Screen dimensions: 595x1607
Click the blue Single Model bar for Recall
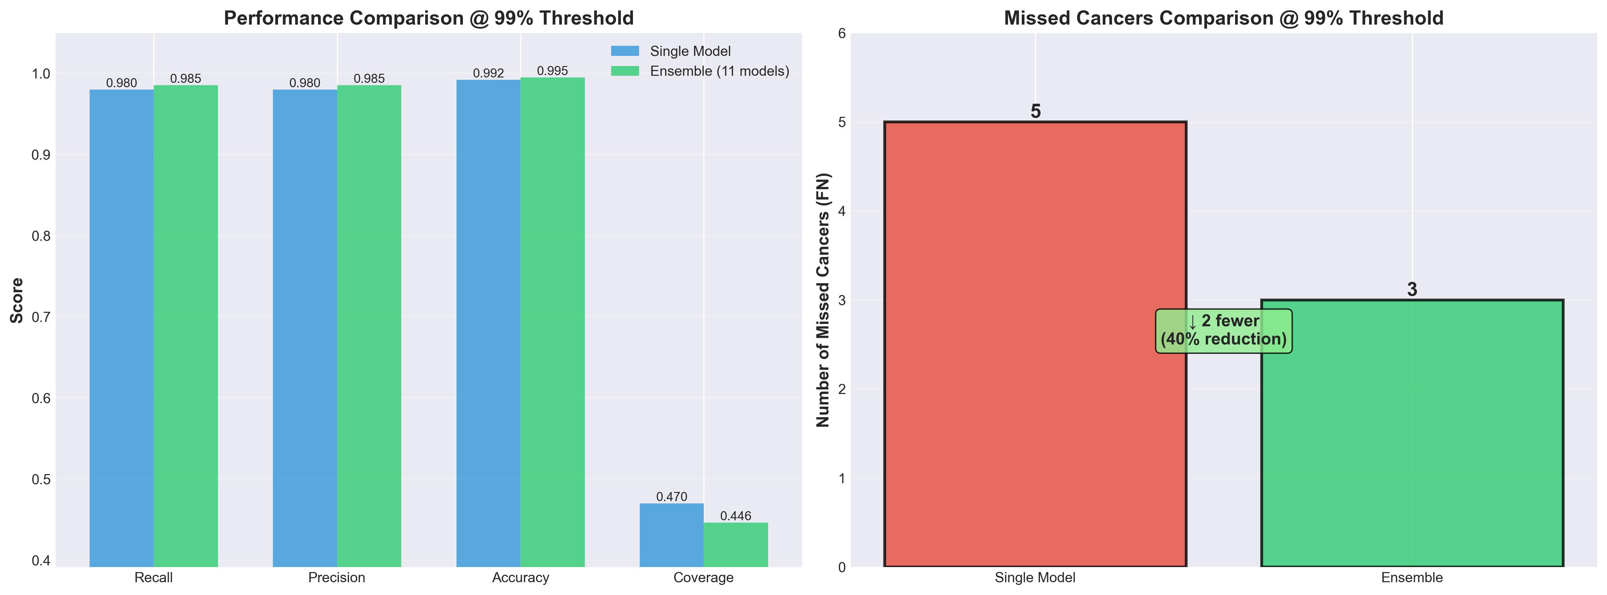pyautogui.click(x=122, y=327)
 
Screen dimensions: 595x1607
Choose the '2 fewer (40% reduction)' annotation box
pyautogui.click(x=1223, y=331)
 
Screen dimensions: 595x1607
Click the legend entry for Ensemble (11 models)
pyautogui.click(x=719, y=71)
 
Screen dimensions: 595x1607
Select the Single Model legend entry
pyautogui.click(x=689, y=51)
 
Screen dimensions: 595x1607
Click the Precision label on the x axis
pyautogui.click(x=337, y=577)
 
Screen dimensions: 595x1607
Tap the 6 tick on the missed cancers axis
pyautogui.click(x=842, y=33)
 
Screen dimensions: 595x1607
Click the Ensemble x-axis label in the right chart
pyautogui.click(x=1412, y=577)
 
